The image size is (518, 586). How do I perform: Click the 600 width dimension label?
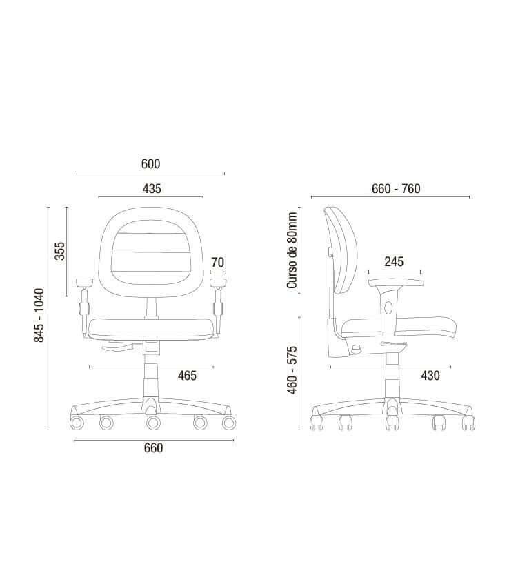(x=150, y=164)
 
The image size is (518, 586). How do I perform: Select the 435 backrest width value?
(x=152, y=188)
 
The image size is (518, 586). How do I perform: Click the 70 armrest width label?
(x=218, y=263)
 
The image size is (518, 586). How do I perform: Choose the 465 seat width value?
(x=187, y=376)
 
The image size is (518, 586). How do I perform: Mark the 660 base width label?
(x=153, y=448)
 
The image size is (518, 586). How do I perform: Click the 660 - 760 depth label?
(x=396, y=189)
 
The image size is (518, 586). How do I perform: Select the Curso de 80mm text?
(x=292, y=250)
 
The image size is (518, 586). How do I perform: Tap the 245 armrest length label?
(x=394, y=262)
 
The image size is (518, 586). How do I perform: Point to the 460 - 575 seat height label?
(x=292, y=370)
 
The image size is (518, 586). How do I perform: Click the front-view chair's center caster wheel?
(x=152, y=421)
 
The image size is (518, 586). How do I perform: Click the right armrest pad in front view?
(x=219, y=281)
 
